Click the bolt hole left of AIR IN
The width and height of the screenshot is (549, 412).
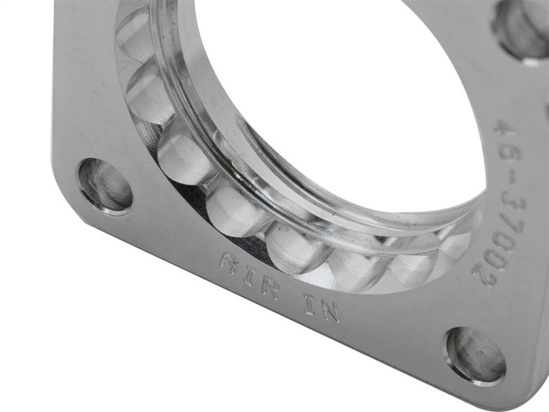[x=105, y=184]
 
